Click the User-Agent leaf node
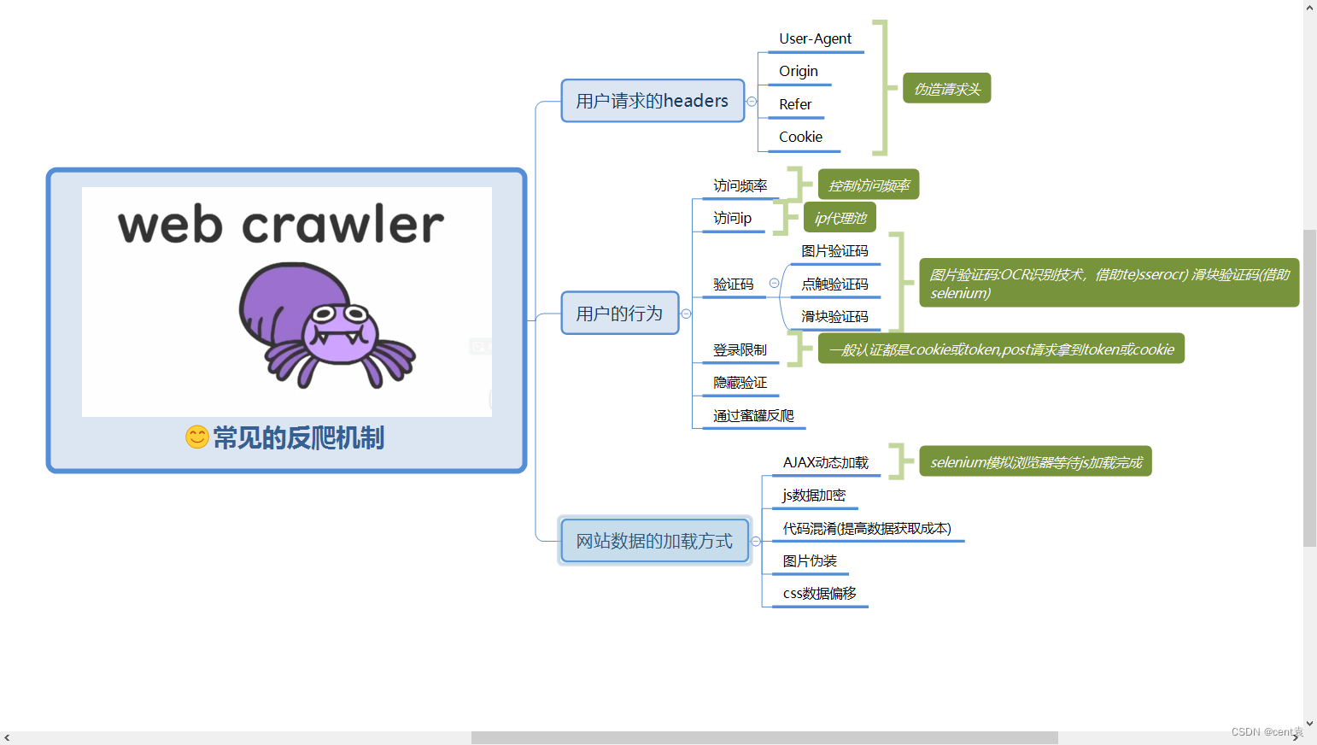click(815, 39)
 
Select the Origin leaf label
click(799, 72)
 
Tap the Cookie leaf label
click(800, 138)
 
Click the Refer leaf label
click(795, 104)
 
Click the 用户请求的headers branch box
click(653, 101)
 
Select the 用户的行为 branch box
click(619, 314)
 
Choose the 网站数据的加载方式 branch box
click(654, 541)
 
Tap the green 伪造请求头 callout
click(947, 89)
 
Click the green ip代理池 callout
click(840, 218)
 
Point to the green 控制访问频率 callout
click(869, 185)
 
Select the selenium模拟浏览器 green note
click(1035, 462)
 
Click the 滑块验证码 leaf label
click(834, 317)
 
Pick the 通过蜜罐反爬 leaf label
click(753, 416)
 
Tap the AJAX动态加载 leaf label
click(825, 463)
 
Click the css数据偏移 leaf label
click(819, 594)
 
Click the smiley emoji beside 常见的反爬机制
click(197, 437)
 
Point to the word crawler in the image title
click(342, 226)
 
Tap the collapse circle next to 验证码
click(774, 284)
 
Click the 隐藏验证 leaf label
click(740, 383)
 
